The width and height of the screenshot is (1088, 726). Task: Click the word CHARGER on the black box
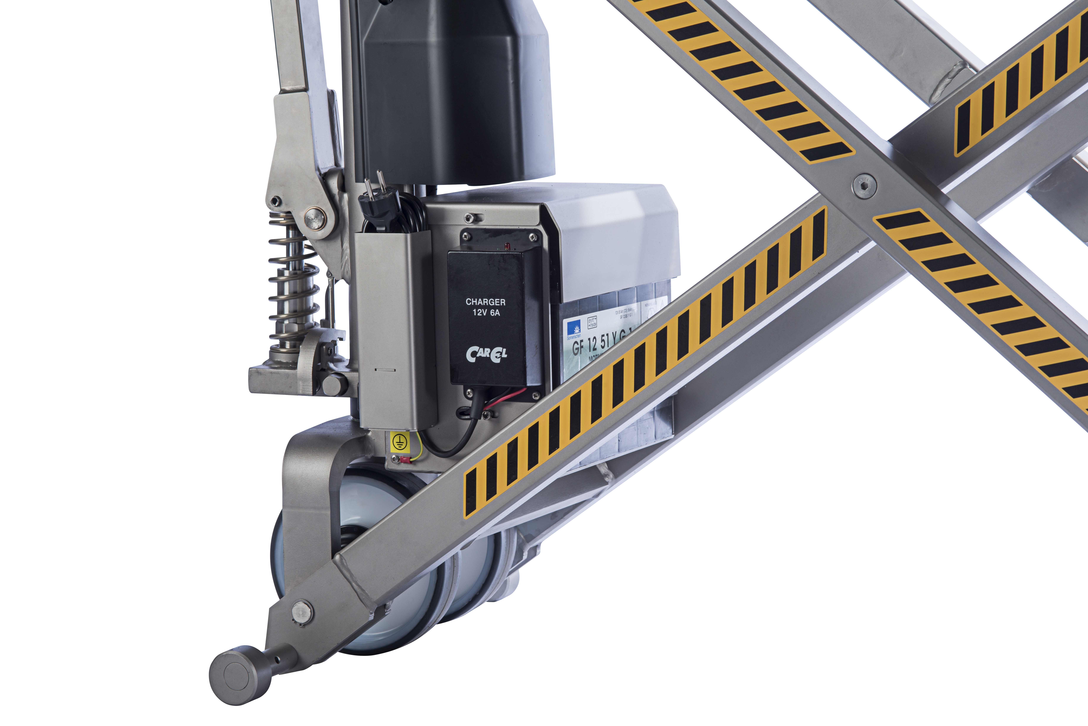coord(485,302)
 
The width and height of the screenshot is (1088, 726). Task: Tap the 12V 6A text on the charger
coord(486,313)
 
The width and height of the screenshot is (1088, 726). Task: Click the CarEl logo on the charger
coord(486,354)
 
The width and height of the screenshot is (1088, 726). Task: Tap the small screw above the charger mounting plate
coord(469,217)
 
